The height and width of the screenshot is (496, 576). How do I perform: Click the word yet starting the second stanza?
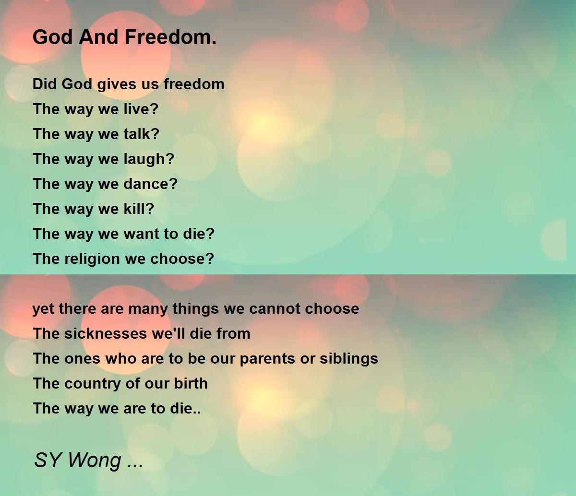coord(41,308)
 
